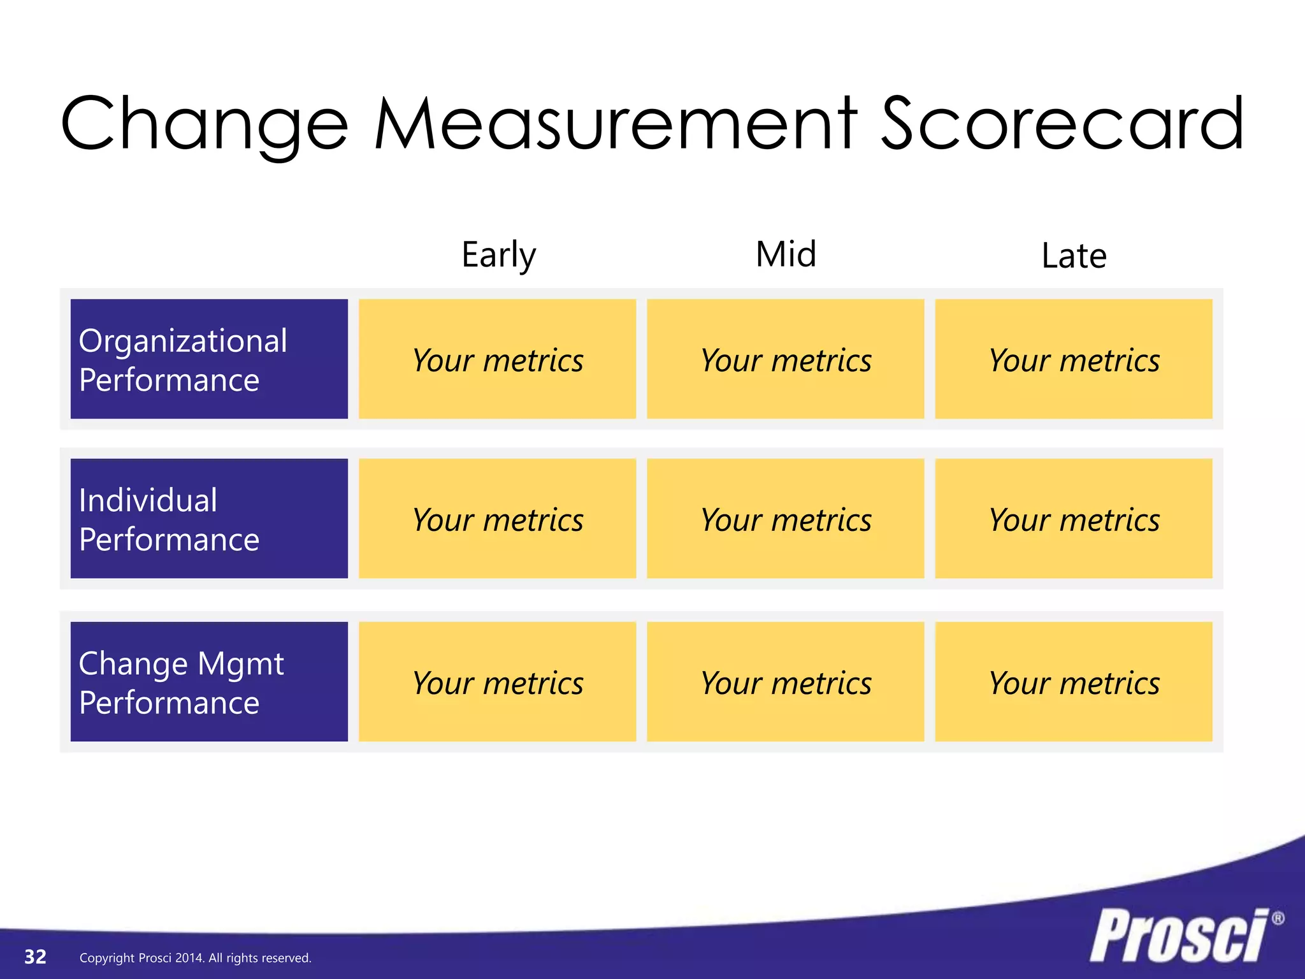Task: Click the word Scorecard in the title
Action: pyautogui.click(x=1062, y=124)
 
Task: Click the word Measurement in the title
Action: pyautogui.click(x=616, y=124)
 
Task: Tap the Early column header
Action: pyautogui.click(x=499, y=255)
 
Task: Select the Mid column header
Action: pyautogui.click(x=786, y=254)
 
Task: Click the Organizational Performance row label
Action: pyautogui.click(x=209, y=359)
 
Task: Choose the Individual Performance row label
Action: pyautogui.click(x=209, y=518)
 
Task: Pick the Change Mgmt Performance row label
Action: pyautogui.click(x=209, y=681)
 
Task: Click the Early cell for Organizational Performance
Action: pyautogui.click(x=497, y=359)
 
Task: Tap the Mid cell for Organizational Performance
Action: pyautogui.click(x=785, y=359)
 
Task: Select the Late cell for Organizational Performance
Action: pyautogui.click(x=1073, y=359)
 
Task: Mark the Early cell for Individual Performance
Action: pyautogui.click(x=497, y=518)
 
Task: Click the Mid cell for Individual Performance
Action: pyautogui.click(x=785, y=518)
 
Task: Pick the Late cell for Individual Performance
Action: pyautogui.click(x=1073, y=518)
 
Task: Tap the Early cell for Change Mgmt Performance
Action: pyautogui.click(x=497, y=681)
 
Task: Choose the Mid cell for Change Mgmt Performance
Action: pyautogui.click(x=785, y=681)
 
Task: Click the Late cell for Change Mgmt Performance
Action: pyautogui.click(x=1073, y=681)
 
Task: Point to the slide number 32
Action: pyautogui.click(x=36, y=957)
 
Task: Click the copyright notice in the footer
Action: pyautogui.click(x=195, y=958)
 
